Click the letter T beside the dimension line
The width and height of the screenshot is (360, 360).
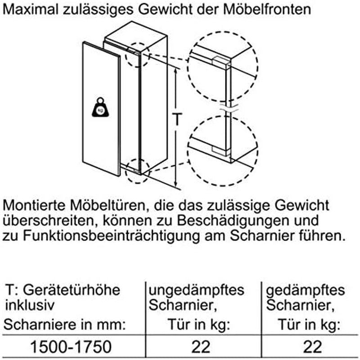[177, 119]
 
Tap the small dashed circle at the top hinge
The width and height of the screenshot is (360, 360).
[138, 55]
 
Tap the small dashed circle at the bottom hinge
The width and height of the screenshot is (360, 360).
[138, 171]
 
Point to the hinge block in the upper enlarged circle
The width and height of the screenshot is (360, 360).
[221, 63]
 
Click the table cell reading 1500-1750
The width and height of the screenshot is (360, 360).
[71, 346]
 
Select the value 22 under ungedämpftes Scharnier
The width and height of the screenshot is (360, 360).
[201, 346]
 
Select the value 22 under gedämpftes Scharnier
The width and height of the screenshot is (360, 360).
[312, 346]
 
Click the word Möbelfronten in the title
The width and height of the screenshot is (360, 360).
[267, 9]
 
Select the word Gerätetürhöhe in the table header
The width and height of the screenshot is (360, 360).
[72, 291]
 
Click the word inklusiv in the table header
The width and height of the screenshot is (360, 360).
[30, 305]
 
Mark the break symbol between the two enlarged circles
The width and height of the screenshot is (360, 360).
[229, 108]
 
